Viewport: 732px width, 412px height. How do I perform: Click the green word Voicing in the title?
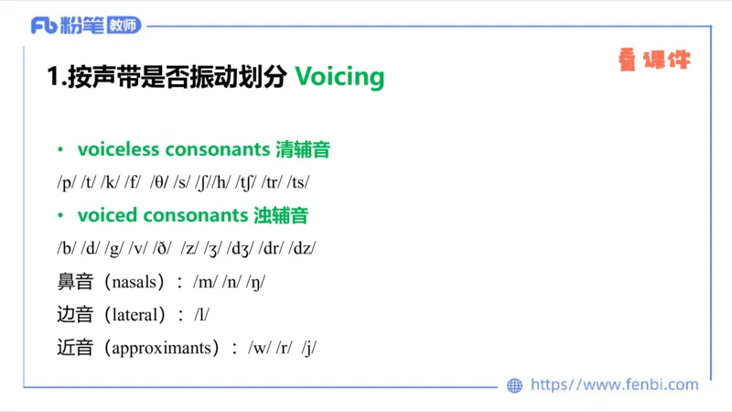click(339, 77)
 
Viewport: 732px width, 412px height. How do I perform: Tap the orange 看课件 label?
click(653, 61)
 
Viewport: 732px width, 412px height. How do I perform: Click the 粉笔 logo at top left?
click(86, 25)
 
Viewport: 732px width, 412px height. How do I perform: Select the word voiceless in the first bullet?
click(115, 148)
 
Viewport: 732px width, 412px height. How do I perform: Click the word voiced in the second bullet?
click(107, 216)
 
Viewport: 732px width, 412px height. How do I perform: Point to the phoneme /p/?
click(67, 181)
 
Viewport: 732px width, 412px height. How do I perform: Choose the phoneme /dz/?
click(303, 248)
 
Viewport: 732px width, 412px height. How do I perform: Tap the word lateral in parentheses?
click(137, 315)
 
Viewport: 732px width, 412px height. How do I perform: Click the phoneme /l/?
click(201, 315)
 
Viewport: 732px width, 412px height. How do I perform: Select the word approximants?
click(165, 348)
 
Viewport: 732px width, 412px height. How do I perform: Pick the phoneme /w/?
click(260, 348)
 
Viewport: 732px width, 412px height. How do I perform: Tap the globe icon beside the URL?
click(515, 385)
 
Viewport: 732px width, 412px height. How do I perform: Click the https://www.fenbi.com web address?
click(614, 385)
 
